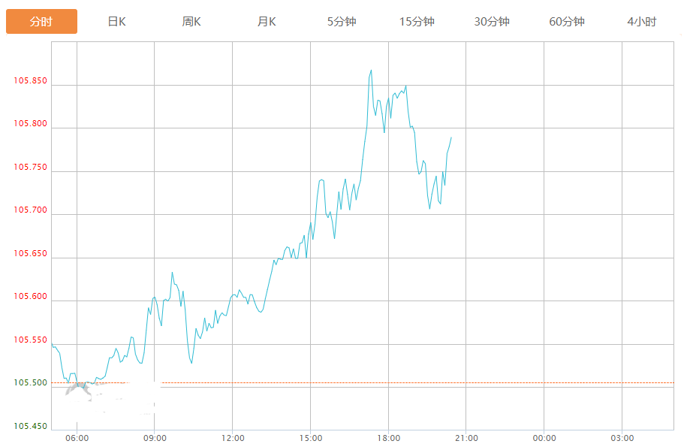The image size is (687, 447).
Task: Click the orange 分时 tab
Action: click(41, 22)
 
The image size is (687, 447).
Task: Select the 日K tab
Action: click(116, 22)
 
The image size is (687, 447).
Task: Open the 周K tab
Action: click(191, 22)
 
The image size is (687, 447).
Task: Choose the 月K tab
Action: click(267, 22)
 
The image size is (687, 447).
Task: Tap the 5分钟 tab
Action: click(342, 22)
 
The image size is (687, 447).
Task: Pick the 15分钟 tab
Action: click(417, 22)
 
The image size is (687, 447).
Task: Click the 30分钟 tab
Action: click(492, 22)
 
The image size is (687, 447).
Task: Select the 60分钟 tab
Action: click(567, 22)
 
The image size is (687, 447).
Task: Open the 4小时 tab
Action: click(641, 22)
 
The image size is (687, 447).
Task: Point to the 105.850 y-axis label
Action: click(30, 81)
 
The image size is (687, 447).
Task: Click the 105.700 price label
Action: click(30, 210)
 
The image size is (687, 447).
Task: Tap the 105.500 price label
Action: click(30, 383)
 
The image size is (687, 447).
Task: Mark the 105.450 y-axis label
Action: click(30, 427)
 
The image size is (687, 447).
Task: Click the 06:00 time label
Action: click(77, 438)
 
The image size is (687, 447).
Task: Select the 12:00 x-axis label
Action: click(233, 438)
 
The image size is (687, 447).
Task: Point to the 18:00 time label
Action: click(388, 438)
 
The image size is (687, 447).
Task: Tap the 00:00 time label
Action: click(544, 438)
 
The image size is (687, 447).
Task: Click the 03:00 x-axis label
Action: click(622, 438)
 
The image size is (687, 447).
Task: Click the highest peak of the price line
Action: click(371, 71)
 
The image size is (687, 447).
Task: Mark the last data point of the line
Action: click(451, 137)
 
